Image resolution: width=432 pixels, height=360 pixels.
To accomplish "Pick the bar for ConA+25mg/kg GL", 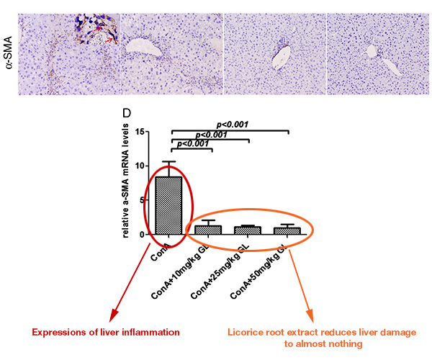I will tap(248, 230).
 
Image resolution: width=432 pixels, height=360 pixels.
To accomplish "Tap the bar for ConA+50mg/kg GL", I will tap(287, 231).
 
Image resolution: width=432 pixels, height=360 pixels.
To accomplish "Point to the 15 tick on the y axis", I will tap(141, 131).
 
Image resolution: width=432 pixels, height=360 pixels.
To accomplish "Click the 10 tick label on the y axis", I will tap(141, 166).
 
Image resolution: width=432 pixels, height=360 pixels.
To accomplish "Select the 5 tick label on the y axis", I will tap(144, 200).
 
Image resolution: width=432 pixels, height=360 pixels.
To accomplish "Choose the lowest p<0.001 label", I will tap(192, 144).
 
